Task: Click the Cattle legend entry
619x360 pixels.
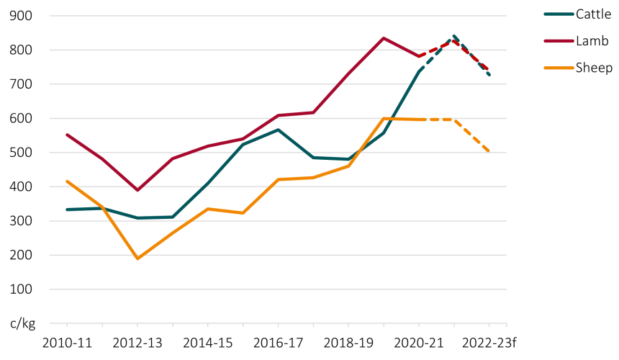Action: (x=578, y=14)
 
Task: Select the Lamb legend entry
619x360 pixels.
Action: (x=577, y=40)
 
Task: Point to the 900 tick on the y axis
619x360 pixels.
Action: (x=21, y=16)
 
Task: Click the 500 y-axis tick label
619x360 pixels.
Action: (x=21, y=153)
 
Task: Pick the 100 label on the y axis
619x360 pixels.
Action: (x=21, y=289)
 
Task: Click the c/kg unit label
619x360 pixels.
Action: (x=23, y=324)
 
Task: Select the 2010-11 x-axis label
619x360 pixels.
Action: (x=67, y=343)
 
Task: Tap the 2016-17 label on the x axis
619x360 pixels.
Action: (x=279, y=343)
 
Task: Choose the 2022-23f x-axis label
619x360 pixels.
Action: (x=489, y=343)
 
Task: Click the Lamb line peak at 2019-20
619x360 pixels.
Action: (x=384, y=38)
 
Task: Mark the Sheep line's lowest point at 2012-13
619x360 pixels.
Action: (x=137, y=258)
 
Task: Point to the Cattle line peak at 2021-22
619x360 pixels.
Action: (x=454, y=36)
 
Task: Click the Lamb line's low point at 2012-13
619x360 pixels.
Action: (x=137, y=190)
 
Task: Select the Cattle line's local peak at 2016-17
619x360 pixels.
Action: (x=279, y=130)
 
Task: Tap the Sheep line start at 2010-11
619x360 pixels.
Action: (x=67, y=181)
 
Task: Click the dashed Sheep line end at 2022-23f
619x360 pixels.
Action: (x=489, y=151)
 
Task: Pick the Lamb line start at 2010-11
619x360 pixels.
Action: (x=67, y=135)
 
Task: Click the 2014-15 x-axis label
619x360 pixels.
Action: (x=208, y=343)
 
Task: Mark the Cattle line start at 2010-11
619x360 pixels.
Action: (x=67, y=210)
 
